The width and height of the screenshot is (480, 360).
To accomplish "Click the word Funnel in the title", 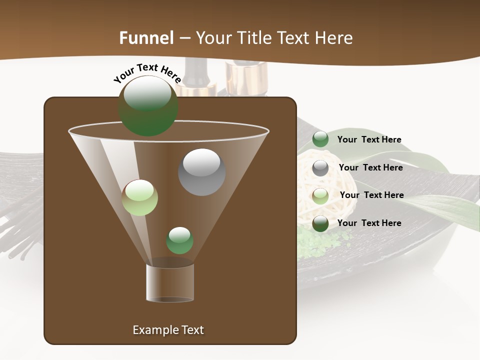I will point(146,38).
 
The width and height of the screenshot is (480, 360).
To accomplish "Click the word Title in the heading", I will point(254,38).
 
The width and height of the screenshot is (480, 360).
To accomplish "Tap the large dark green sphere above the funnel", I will point(148,105).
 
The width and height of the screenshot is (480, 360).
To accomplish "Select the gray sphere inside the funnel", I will point(201,171).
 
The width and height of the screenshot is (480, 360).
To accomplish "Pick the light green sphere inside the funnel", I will point(140,197).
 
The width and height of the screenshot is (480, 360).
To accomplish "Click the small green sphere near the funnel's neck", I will point(179,240).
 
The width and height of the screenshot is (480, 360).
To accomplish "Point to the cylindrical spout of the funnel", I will point(170,283).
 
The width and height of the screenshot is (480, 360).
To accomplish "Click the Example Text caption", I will point(168,330).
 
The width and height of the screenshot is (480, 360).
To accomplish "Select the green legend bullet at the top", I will point(320,139).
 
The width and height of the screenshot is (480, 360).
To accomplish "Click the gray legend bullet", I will point(320,168).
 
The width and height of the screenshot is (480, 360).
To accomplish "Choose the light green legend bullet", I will point(320,195).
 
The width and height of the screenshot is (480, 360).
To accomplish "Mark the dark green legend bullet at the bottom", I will point(320,223).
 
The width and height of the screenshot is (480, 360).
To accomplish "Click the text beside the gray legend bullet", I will point(370,167).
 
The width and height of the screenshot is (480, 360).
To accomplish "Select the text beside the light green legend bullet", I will point(371,195).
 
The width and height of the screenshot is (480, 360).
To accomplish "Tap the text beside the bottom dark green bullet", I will point(369,223).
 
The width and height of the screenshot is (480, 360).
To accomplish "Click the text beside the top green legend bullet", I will point(369,139).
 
